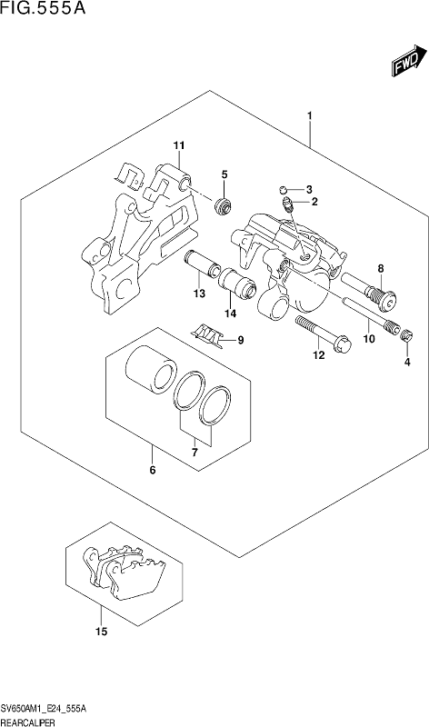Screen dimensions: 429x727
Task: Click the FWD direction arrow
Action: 409,60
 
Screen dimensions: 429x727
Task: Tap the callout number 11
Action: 179,145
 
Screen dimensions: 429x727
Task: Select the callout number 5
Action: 224,174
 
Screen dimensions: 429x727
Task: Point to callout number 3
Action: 309,189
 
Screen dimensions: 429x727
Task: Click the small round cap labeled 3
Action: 284,189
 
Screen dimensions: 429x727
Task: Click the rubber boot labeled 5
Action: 223,206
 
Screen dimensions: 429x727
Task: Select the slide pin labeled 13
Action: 202,264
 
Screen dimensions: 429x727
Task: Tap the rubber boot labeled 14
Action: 237,284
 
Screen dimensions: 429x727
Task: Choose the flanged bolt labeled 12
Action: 324,334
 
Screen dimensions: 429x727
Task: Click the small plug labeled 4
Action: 407,336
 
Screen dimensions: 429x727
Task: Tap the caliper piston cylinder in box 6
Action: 151,371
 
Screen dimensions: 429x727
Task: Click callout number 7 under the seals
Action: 195,452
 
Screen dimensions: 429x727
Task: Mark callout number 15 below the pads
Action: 101,632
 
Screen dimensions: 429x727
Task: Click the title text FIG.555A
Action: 44,8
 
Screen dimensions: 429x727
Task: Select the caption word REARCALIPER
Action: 28,722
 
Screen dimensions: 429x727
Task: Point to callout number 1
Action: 309,115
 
